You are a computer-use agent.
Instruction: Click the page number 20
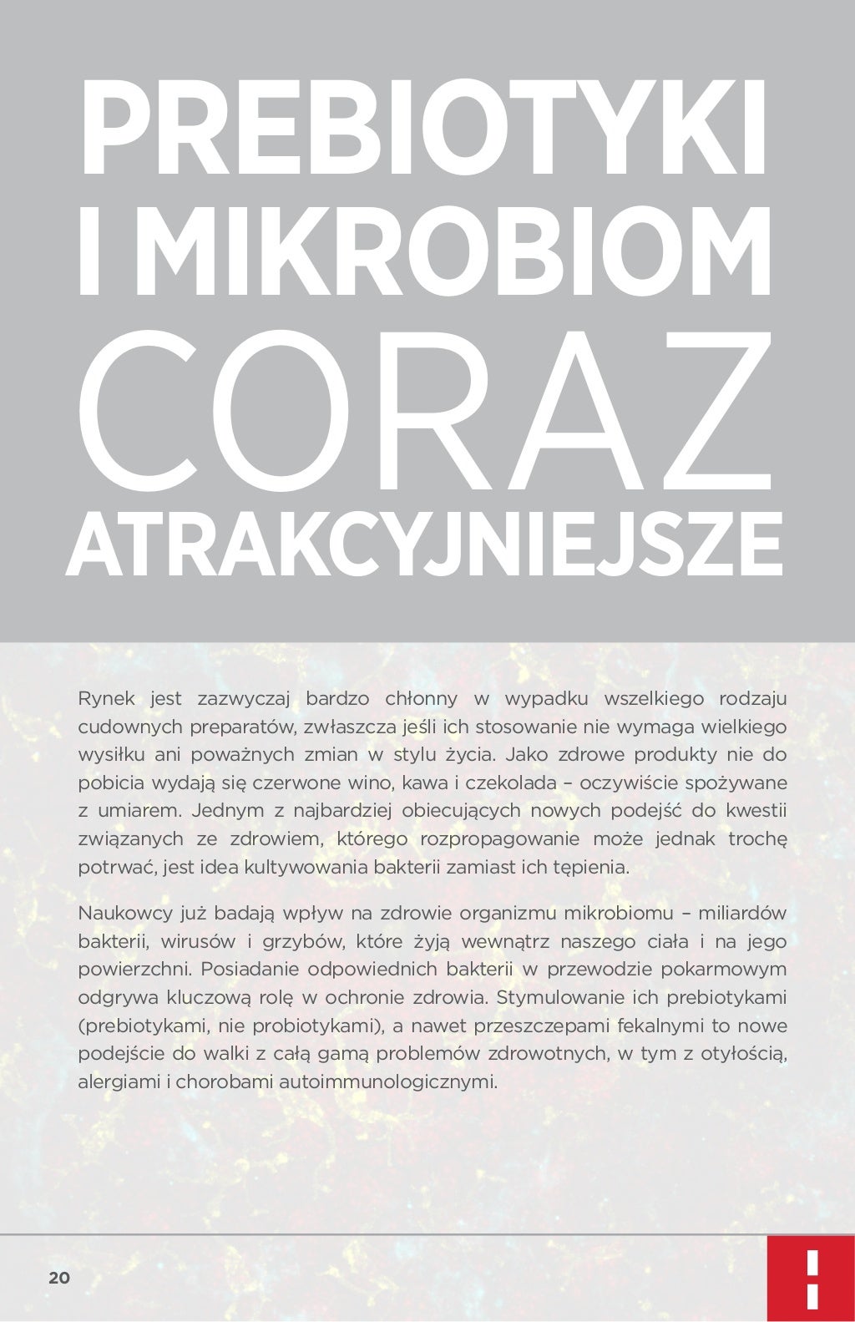(59, 1278)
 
